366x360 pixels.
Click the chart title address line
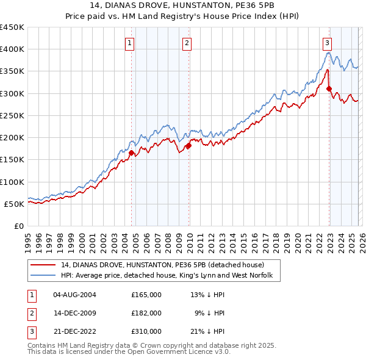(183, 5)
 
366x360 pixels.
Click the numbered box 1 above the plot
(131, 43)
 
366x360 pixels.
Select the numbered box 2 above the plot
(186, 43)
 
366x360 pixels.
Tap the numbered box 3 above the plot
(328, 43)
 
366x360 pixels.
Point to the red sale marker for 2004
(131, 153)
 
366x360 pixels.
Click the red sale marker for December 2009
(189, 146)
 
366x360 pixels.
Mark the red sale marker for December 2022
(329, 89)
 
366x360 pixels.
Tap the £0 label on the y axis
(20, 226)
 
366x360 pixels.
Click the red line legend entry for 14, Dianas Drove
(162, 265)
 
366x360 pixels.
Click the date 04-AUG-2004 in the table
(74, 295)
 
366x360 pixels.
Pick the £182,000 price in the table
(146, 313)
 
